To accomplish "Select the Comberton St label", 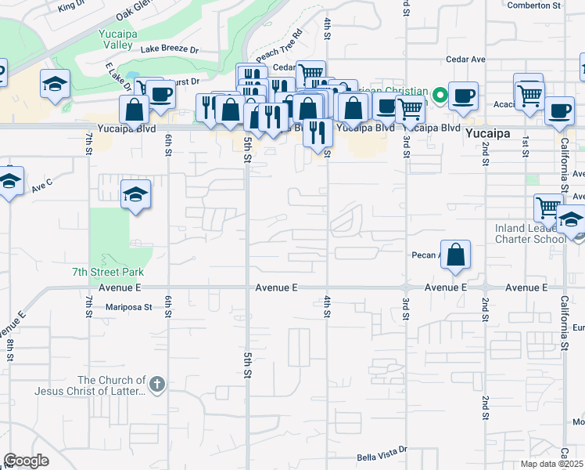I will [534, 5].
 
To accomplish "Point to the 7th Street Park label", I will [116, 272].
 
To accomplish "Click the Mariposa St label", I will [128, 307].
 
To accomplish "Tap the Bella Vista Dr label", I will [382, 452].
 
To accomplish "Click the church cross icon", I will [156, 384].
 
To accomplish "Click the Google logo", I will [26, 460].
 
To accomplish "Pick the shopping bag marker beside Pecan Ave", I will [455, 255].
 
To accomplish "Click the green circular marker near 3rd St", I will [440, 96].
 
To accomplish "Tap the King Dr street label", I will [71, 5].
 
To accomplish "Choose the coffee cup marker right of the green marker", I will [463, 96].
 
